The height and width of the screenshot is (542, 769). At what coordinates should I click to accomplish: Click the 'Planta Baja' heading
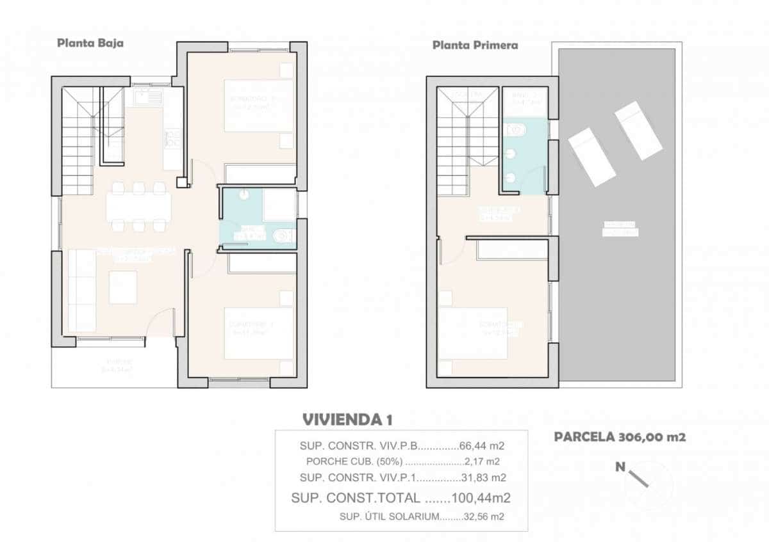pos(90,44)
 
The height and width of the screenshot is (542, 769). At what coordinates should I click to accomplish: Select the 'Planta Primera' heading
pos(475,45)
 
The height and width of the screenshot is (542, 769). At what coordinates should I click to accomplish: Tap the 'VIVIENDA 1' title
pos(347,420)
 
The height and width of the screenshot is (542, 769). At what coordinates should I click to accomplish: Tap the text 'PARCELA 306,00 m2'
pos(620,438)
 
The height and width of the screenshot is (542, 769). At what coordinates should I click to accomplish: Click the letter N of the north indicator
pos(620,467)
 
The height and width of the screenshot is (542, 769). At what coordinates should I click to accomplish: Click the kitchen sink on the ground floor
pos(147,98)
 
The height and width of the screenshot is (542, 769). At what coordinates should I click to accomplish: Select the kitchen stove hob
pos(172,138)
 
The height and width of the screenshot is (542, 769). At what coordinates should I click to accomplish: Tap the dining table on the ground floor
pos(138,206)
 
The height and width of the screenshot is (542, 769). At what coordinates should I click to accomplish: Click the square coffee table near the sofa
pos(122,287)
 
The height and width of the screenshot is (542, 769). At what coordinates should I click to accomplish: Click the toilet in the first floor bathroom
pos(515,131)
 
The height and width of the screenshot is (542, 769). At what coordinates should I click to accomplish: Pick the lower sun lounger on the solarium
pos(592,157)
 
